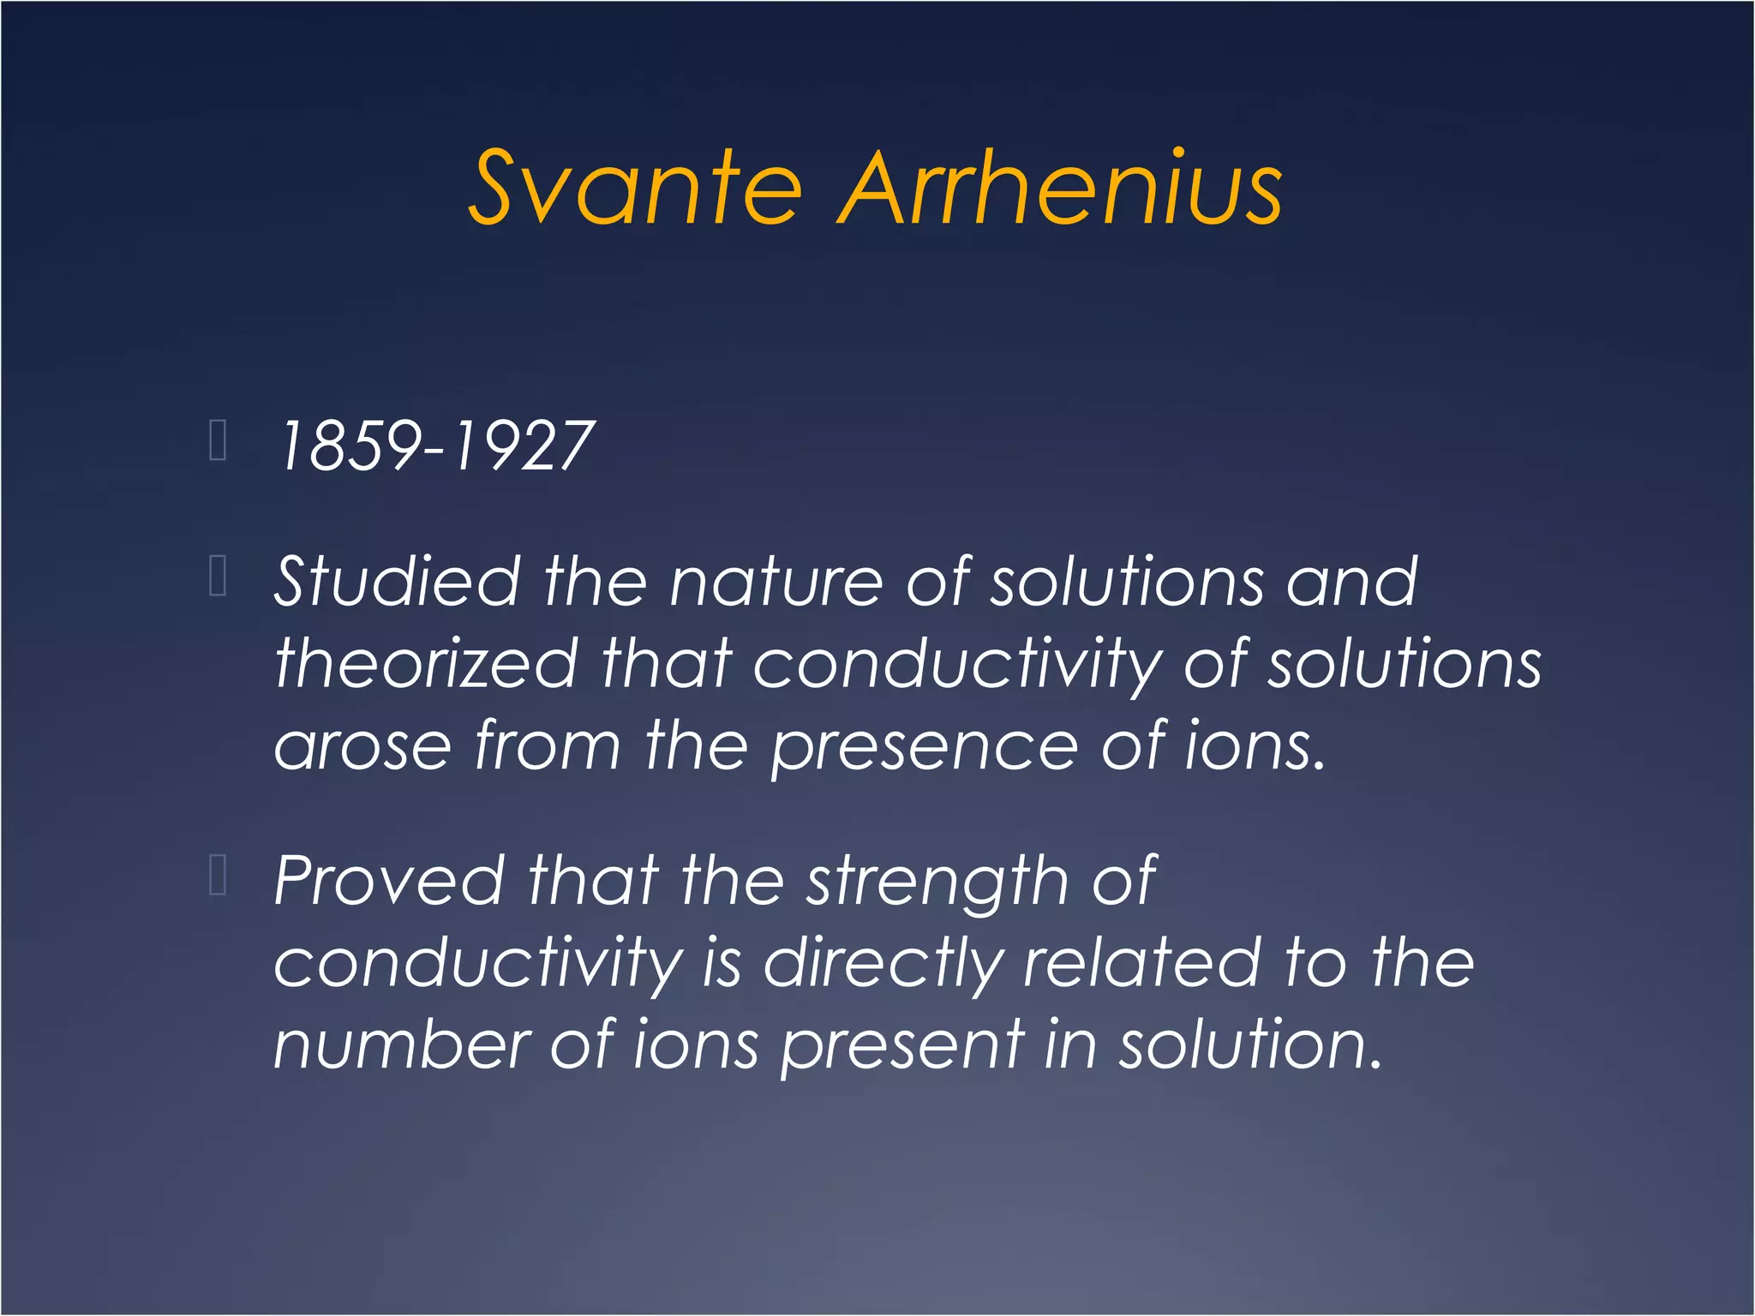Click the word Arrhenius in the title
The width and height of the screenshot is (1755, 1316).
coord(1060,188)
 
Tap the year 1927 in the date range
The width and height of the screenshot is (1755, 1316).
coord(524,446)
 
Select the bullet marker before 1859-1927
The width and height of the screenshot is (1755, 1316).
coord(218,441)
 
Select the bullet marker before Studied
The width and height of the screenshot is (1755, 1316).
coord(218,576)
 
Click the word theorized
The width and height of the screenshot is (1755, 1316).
coord(427,664)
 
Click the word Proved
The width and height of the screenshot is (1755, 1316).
coord(389,882)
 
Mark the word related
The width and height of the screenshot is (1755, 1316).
coord(1141,963)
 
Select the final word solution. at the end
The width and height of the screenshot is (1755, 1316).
coord(1251,1045)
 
